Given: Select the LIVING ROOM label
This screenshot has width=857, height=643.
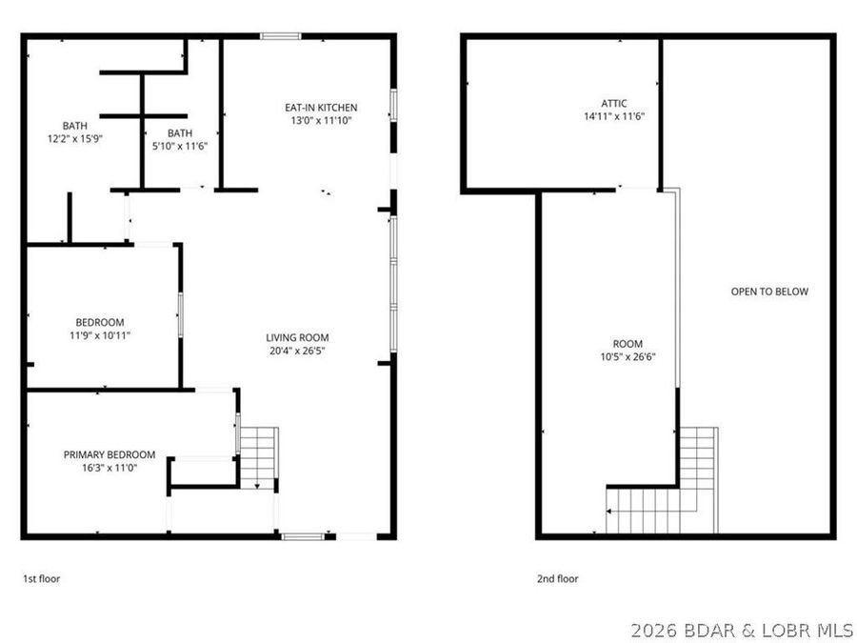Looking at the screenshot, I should click(297, 337).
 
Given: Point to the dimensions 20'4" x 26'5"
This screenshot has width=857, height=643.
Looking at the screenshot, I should click(297, 351).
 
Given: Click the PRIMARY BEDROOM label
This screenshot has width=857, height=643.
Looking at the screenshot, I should click(110, 454).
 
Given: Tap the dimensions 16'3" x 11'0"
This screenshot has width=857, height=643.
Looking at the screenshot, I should click(110, 468).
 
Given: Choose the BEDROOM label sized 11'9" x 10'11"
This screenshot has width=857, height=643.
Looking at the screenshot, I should click(100, 322).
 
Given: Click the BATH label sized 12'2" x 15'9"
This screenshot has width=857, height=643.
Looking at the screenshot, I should click(75, 125).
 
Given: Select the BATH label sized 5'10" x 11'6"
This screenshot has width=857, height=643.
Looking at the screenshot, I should click(179, 132).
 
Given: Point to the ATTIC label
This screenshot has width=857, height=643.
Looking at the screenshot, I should click(614, 103).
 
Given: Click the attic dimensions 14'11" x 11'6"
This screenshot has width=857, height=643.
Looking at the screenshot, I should click(614, 116).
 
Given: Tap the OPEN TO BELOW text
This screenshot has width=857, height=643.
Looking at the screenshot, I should click(769, 291).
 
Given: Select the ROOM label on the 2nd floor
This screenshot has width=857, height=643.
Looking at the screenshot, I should click(628, 344).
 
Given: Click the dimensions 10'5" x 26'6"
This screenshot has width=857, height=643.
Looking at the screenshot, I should click(628, 357).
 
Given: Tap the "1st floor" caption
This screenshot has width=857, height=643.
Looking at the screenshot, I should click(42, 578).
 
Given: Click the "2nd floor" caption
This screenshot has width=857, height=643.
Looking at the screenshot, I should click(558, 578).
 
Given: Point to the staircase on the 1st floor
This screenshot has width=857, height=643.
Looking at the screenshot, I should click(258, 457).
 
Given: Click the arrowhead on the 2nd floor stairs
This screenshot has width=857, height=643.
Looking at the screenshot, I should click(609, 512).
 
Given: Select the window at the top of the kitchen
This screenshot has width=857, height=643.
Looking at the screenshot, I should click(281, 36).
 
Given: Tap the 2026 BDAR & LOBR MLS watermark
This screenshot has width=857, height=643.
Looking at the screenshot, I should click(743, 630).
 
